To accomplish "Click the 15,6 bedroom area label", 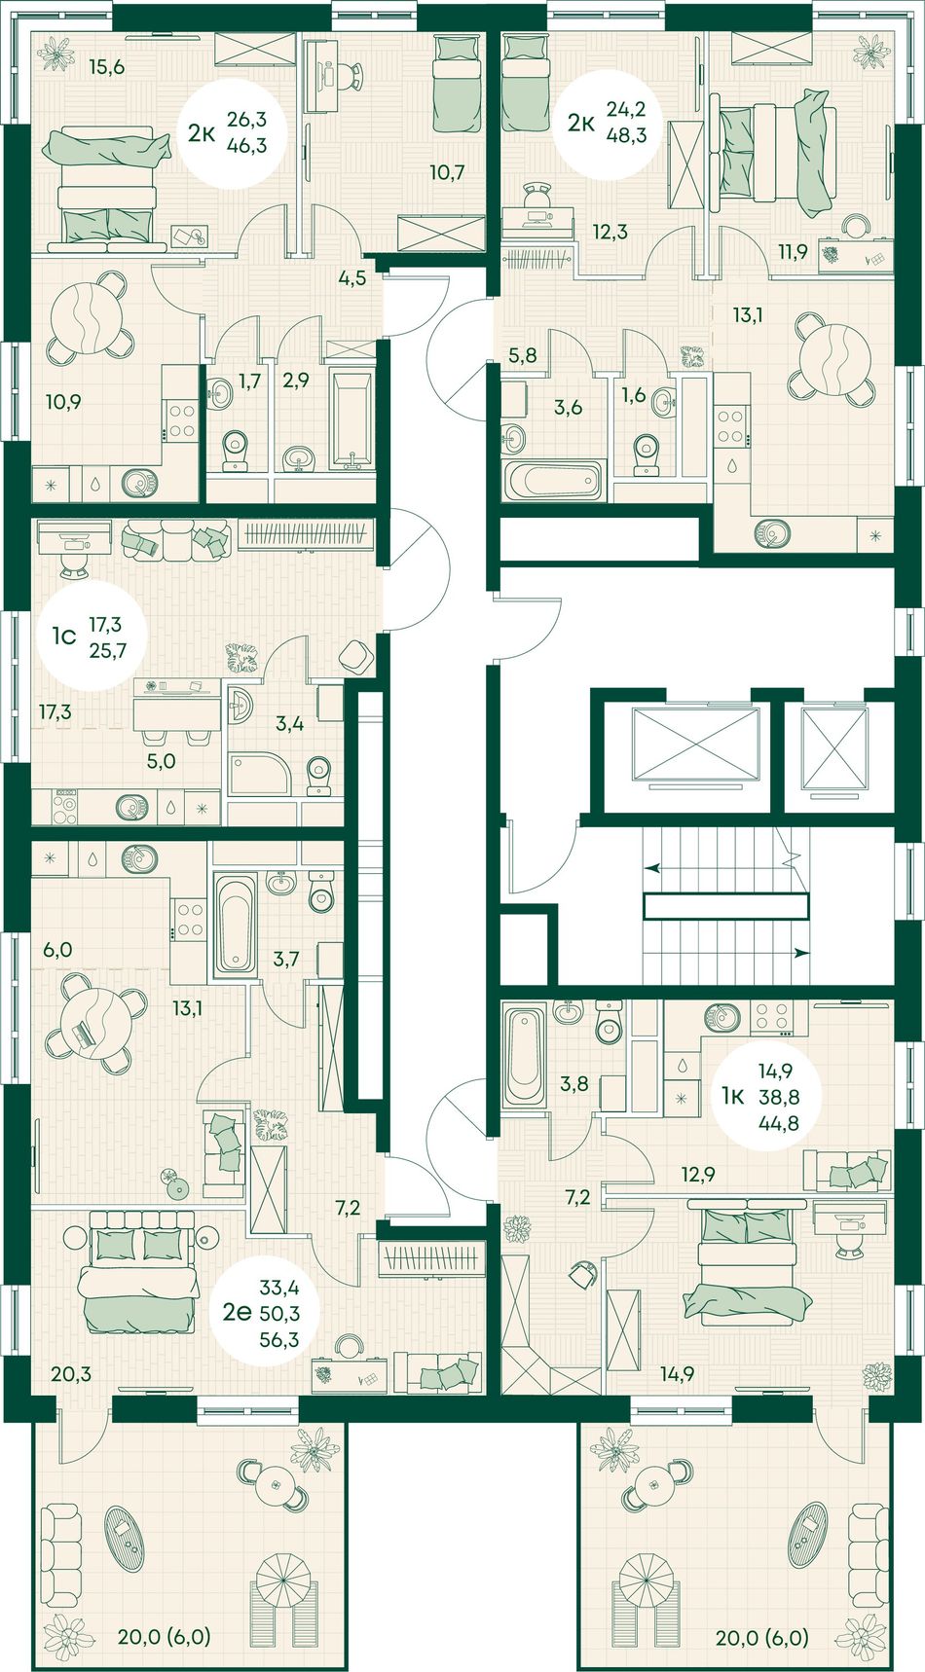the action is [x=107, y=67].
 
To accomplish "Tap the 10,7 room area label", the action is [x=447, y=173].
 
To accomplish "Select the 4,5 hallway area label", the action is [x=351, y=278].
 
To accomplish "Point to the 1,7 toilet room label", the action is [x=249, y=381].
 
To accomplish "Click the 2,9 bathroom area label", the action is [x=295, y=381].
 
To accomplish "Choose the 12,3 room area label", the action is [x=610, y=232].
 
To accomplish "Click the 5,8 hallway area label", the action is [x=523, y=356].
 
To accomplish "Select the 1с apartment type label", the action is [x=63, y=636].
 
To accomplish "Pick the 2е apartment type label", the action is [x=237, y=1312].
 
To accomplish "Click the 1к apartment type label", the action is [x=733, y=1097].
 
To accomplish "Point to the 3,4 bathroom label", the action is [x=289, y=723].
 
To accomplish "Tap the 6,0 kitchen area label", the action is [x=57, y=950].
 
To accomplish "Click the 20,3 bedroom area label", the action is [x=71, y=1374].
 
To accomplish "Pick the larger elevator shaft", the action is [x=695, y=745].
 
